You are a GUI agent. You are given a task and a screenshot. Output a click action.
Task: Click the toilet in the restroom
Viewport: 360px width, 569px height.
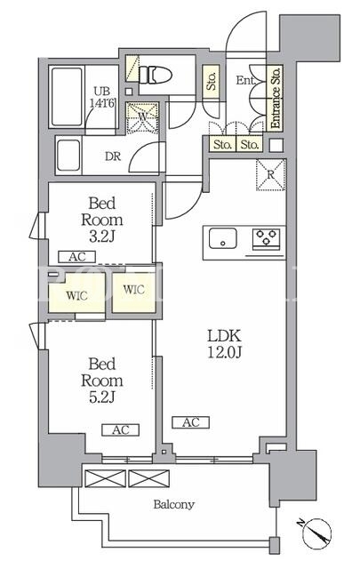(156, 75)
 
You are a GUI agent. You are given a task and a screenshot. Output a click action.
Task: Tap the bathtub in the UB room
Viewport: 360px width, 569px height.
(67, 97)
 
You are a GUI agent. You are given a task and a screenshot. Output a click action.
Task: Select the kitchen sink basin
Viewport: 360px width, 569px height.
(223, 238)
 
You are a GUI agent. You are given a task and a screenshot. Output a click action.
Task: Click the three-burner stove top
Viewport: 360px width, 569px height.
(266, 239)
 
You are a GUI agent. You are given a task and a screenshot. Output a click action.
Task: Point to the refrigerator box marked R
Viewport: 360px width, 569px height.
(271, 174)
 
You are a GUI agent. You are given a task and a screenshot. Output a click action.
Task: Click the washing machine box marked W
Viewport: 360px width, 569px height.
(142, 117)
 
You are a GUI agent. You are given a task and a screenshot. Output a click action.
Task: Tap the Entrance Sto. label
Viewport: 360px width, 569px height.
(276, 97)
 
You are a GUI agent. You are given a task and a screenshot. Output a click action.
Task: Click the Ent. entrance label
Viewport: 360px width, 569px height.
(245, 80)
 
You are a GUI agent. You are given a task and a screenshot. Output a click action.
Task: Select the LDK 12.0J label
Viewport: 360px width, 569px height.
(224, 344)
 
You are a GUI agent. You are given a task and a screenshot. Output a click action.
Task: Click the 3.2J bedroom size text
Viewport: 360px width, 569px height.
(102, 237)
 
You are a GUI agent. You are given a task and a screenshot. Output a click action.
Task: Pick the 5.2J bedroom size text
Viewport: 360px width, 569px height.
(102, 397)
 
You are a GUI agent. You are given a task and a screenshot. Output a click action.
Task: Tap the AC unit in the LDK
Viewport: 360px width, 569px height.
(191, 422)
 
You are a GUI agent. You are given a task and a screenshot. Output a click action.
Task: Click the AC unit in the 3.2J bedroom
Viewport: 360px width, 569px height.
(77, 257)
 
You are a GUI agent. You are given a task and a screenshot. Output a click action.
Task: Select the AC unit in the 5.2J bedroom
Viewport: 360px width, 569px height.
(121, 430)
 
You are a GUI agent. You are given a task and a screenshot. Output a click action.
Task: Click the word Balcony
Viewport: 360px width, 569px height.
(174, 504)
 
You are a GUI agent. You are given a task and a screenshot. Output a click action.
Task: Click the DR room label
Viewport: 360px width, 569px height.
(113, 156)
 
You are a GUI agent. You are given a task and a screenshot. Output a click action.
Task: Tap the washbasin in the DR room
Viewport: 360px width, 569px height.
(68, 155)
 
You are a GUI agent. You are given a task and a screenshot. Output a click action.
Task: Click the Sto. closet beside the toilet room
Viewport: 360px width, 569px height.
(211, 81)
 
